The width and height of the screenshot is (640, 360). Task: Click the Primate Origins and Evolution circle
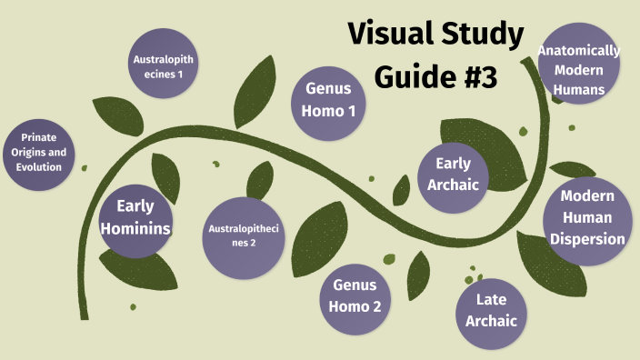tap(38, 154)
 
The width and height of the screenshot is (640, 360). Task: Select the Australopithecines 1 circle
tap(164, 66)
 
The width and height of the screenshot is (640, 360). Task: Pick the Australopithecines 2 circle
tap(244, 235)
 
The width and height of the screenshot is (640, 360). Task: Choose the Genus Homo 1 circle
tap(329, 100)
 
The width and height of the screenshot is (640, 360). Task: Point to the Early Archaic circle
tap(454, 174)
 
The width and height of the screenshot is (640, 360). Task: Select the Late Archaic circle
tap(491, 310)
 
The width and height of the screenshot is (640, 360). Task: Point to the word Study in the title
tap(482, 35)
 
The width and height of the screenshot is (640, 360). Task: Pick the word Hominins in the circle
tap(135, 227)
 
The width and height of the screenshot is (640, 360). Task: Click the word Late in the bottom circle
tap(491, 299)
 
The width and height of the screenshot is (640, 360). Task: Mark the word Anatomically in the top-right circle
tap(579, 50)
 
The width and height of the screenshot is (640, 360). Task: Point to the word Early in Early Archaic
tap(454, 164)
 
